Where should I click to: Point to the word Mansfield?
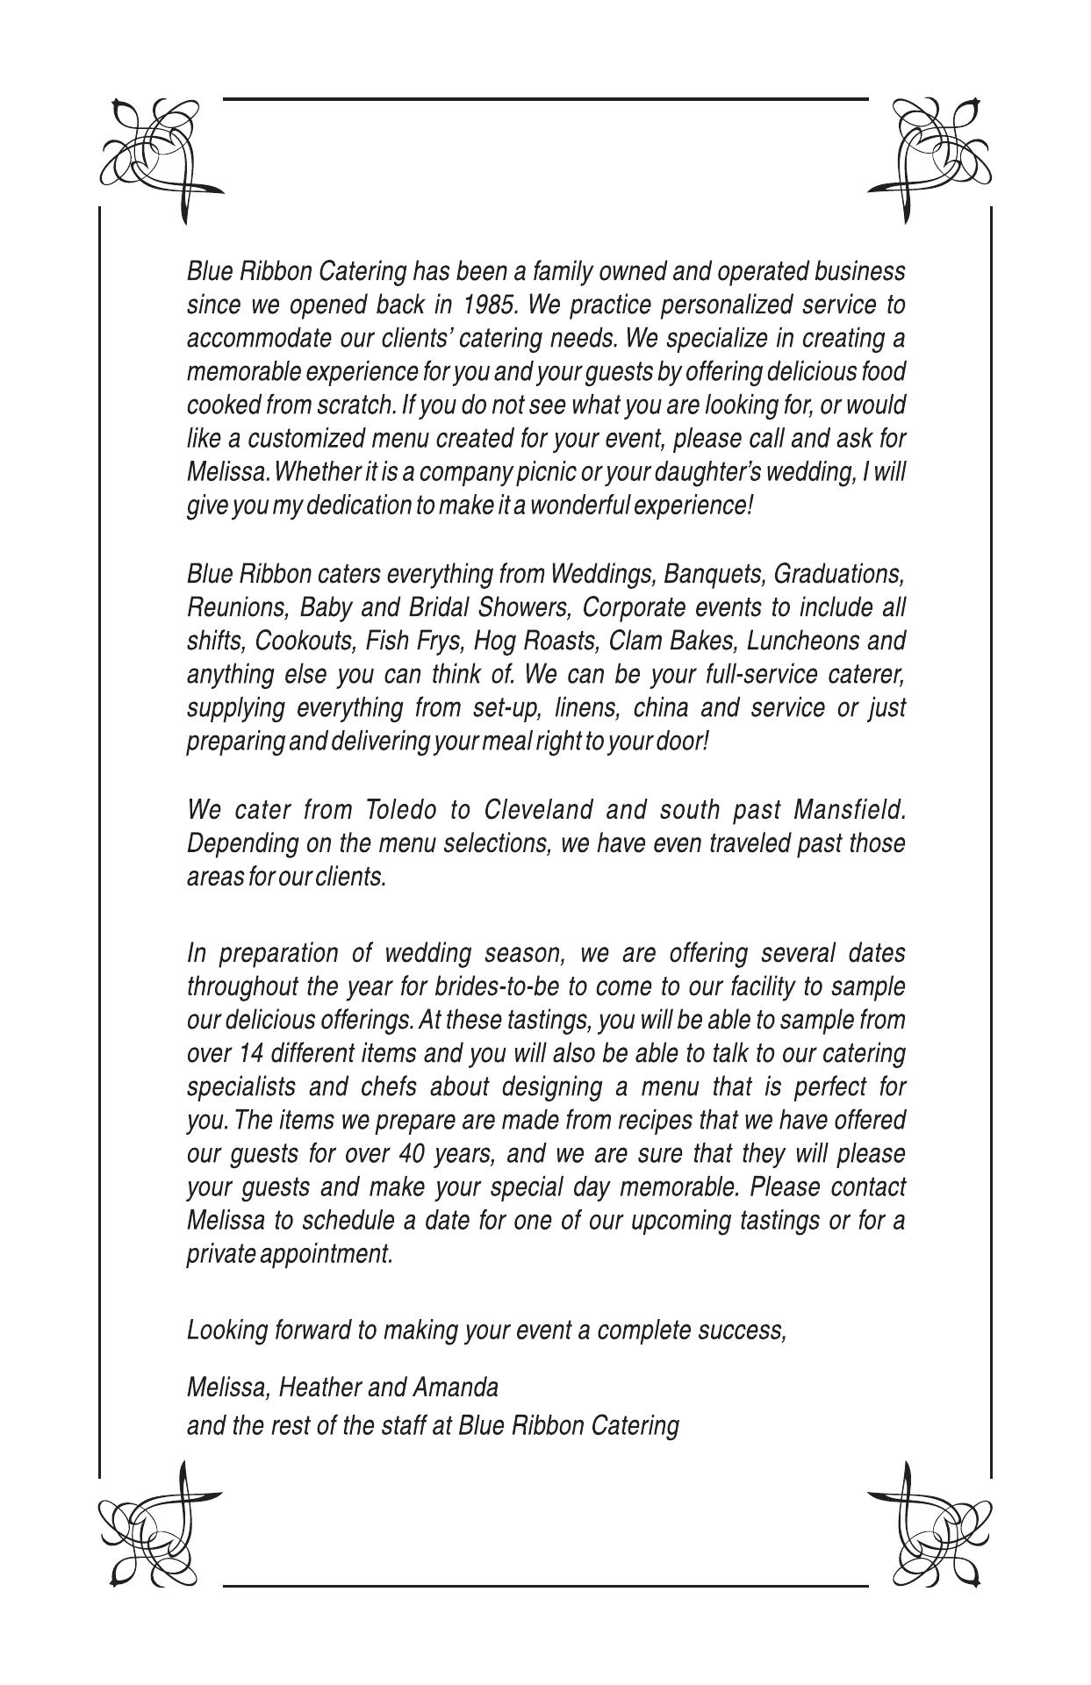[x=849, y=809]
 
